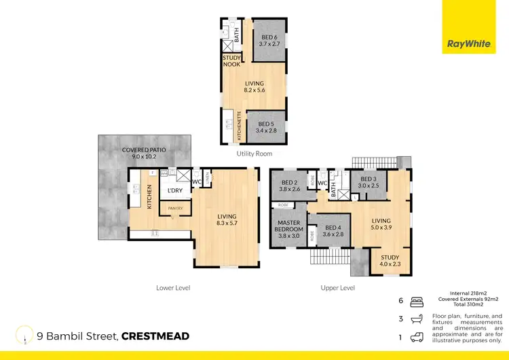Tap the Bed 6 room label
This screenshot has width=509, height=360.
click(x=269, y=41)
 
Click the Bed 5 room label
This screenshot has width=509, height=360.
click(x=265, y=127)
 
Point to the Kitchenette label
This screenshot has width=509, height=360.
click(x=239, y=126)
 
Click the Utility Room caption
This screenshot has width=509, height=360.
click(x=254, y=154)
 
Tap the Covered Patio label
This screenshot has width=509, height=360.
click(x=143, y=153)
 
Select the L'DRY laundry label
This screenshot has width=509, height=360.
click(x=176, y=191)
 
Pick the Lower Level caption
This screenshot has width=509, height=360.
click(x=173, y=288)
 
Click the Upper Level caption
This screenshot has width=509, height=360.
click(x=337, y=288)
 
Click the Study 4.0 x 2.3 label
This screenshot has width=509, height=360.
click(x=390, y=261)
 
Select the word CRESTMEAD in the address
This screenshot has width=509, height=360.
click(x=155, y=336)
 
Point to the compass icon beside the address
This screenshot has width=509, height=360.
click(x=26, y=335)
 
